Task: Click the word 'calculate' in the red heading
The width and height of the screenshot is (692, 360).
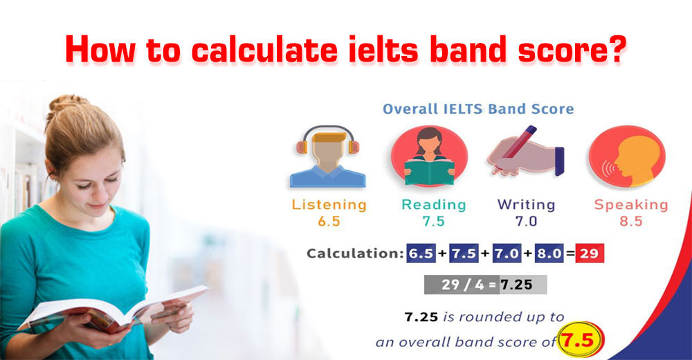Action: coord(264,49)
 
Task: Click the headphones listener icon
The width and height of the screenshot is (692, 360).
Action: coord(328,156)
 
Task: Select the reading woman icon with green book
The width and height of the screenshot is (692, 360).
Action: coord(430,156)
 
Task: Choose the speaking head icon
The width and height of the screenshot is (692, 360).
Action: coord(627,156)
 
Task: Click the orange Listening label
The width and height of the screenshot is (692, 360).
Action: coord(329,204)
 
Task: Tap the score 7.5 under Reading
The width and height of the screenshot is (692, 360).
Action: coord(433,221)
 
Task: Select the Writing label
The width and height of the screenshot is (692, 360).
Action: coord(526,204)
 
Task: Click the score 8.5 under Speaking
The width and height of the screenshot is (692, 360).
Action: coord(630,221)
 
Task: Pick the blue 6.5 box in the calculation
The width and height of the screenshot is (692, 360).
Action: coord(421,253)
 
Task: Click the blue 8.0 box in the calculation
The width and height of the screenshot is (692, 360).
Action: coord(549,253)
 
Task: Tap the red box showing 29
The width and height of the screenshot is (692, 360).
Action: coord(590,253)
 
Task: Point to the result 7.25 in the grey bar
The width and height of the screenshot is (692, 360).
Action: coord(516,285)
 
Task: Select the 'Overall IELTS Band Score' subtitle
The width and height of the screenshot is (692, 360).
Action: coord(478,109)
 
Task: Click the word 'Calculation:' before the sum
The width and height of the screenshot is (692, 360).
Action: coord(355,253)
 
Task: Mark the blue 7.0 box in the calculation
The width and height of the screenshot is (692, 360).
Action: coord(507,253)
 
